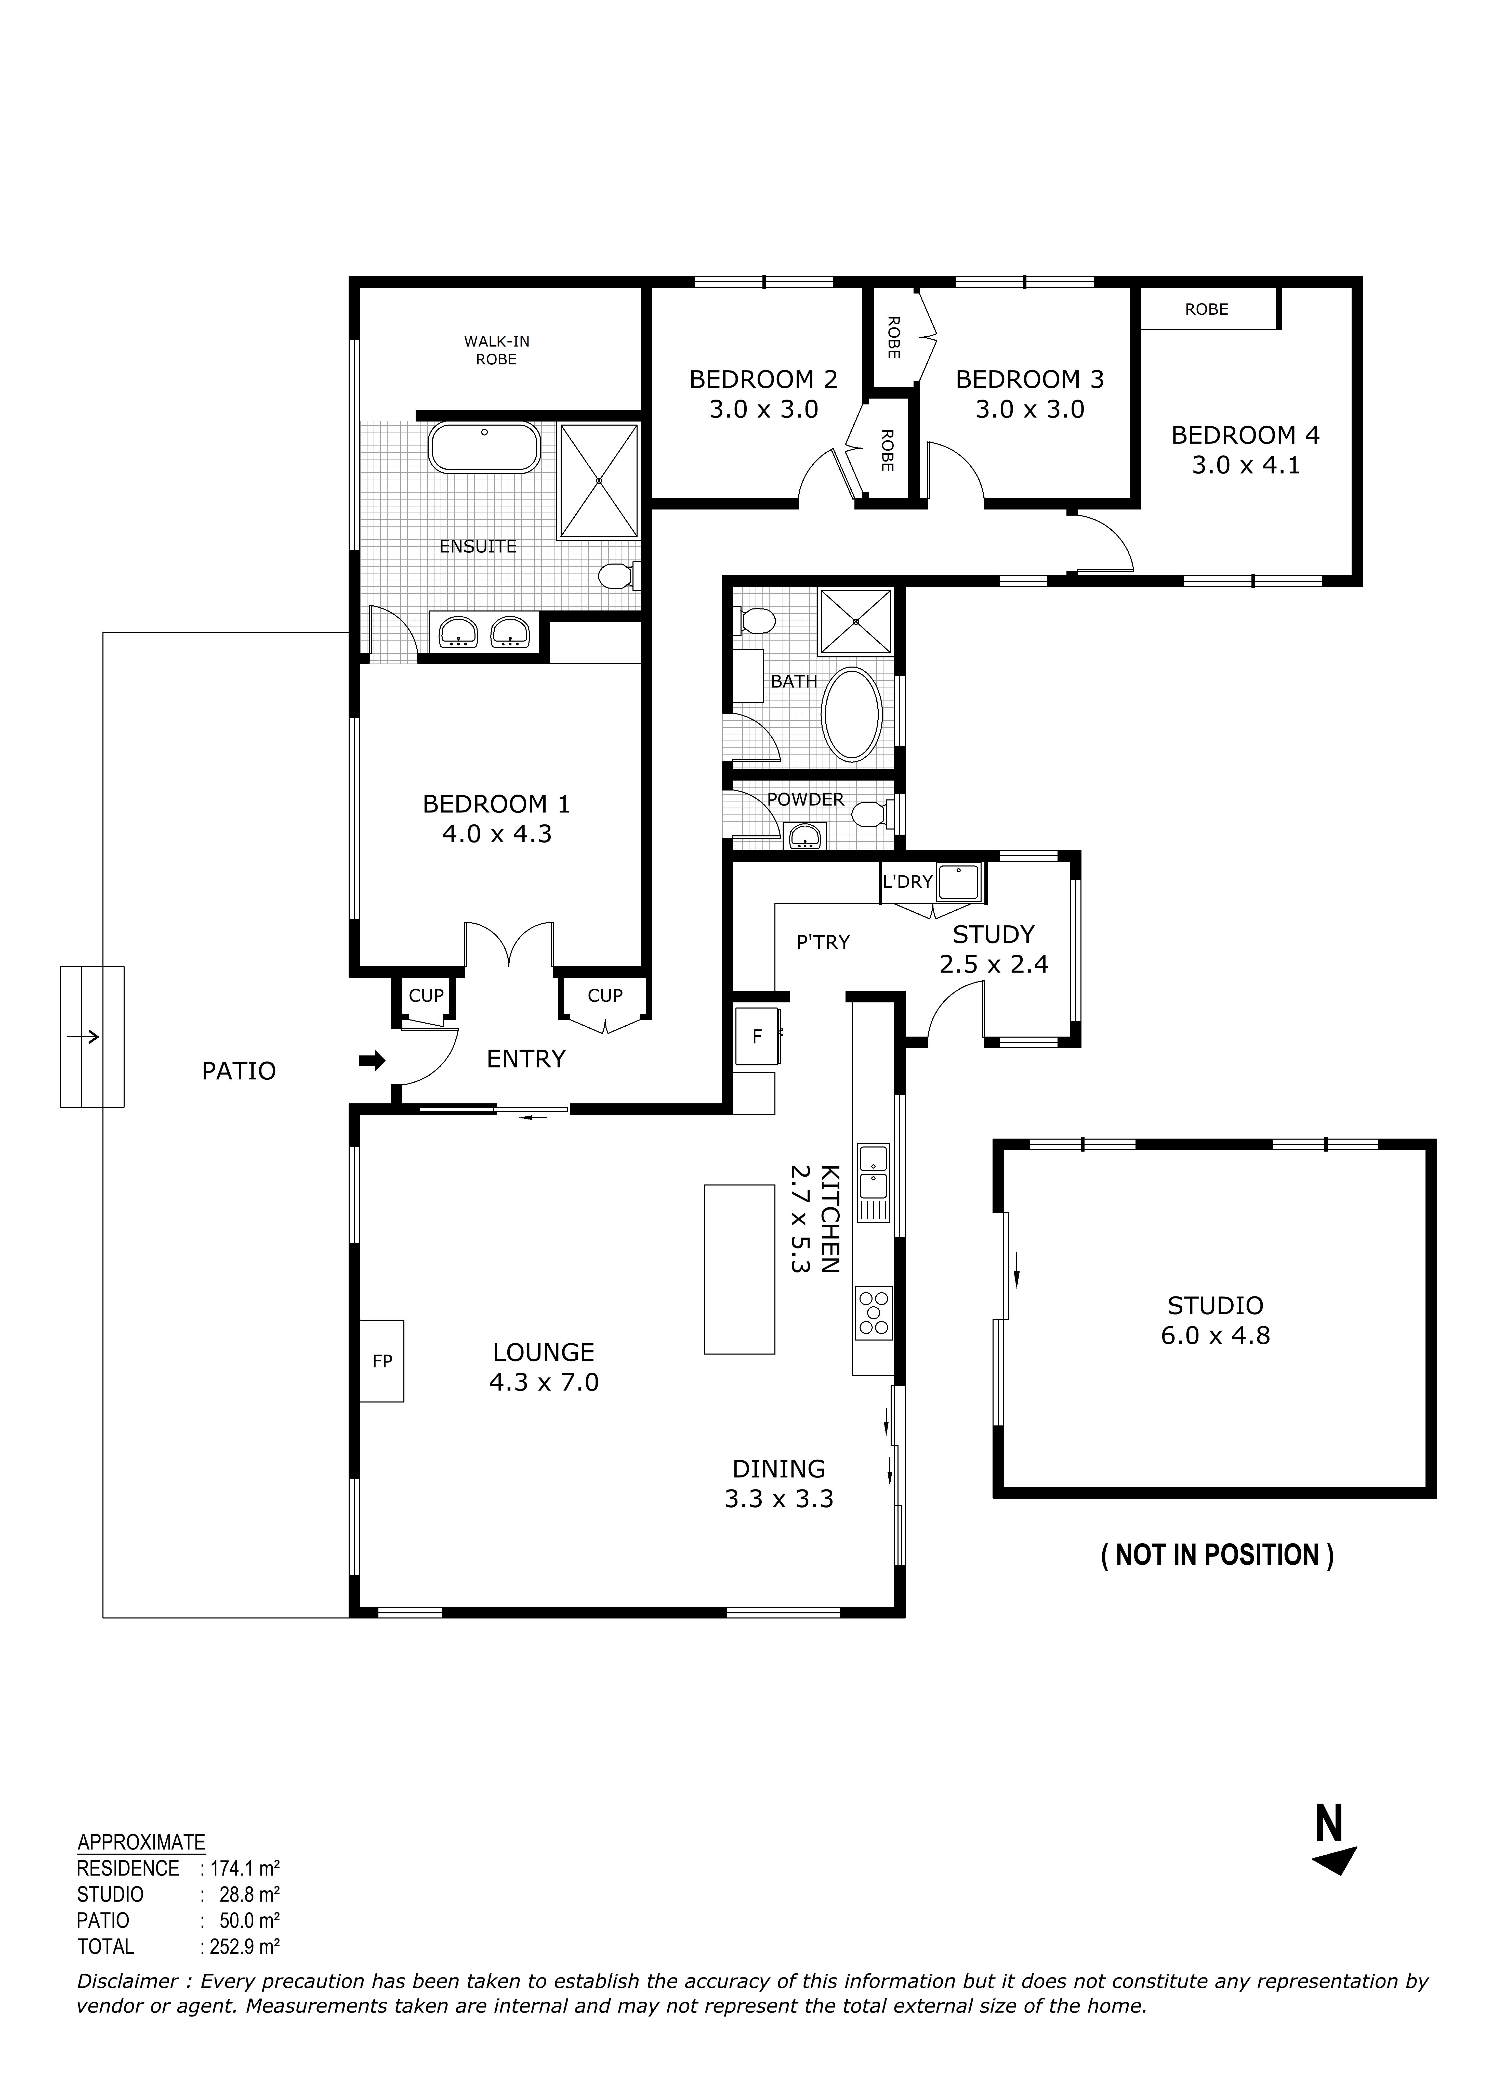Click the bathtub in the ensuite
click(484, 448)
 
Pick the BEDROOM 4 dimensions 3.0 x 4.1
click(1246, 465)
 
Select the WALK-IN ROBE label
click(496, 350)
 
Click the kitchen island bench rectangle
click(740, 1269)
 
